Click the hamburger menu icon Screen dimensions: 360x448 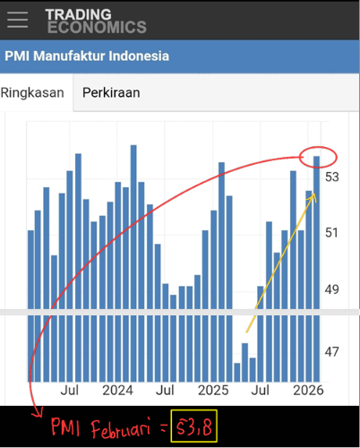[18, 20]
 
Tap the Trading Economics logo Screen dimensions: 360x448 [96, 21]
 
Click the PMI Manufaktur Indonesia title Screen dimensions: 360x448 [87, 56]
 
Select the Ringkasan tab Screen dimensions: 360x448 [32, 92]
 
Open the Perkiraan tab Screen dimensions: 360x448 [111, 92]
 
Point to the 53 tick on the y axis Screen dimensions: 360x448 [332, 177]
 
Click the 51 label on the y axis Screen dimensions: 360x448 [332, 233]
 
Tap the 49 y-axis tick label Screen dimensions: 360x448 [332, 289]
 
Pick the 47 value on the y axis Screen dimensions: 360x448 [332, 352]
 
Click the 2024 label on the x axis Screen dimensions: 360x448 [117, 391]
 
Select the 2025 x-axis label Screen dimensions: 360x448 [213, 391]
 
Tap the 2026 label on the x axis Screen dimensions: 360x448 [308, 391]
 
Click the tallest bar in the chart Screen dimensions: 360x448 [133, 263]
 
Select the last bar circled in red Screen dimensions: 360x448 [316, 269]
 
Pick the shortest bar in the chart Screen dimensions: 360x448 [237, 373]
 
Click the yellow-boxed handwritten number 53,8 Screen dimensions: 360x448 [194, 426]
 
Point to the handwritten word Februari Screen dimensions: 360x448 [121, 428]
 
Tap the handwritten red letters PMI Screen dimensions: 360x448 [65, 427]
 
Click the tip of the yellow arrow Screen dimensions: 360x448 [314, 194]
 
